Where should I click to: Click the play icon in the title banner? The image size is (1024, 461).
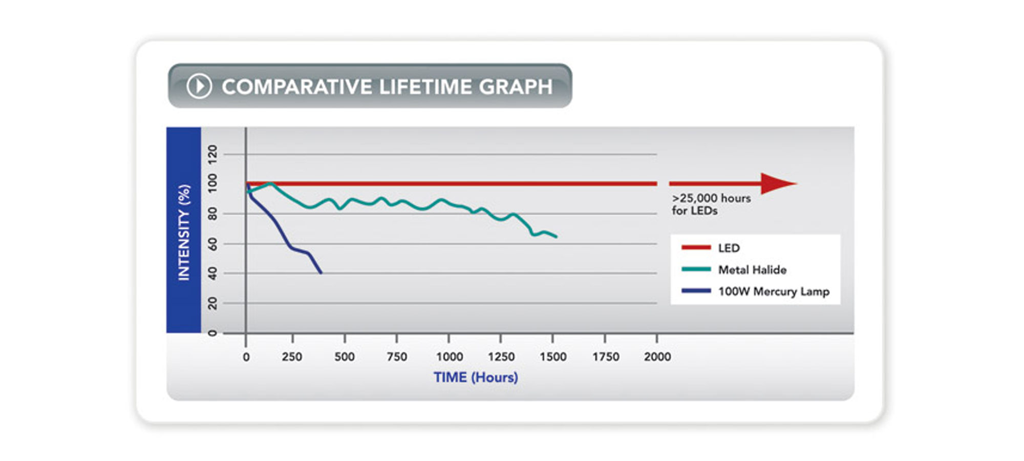click(x=199, y=86)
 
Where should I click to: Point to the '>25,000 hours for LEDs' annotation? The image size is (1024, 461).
click(x=711, y=204)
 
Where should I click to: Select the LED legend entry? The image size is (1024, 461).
click(x=729, y=248)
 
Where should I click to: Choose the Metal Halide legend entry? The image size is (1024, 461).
click(x=752, y=270)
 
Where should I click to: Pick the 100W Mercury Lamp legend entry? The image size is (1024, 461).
click(x=773, y=291)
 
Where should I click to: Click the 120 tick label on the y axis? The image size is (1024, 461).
click(x=212, y=154)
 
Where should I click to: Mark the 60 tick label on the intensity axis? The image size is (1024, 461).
click(x=212, y=244)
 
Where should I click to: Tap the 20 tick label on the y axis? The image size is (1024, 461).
click(x=212, y=303)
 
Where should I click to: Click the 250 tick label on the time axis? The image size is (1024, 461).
click(x=292, y=357)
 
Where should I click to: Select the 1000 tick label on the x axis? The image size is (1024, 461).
click(x=449, y=357)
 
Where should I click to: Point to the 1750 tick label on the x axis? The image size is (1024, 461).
click(x=606, y=357)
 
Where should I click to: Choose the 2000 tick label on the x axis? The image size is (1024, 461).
click(x=657, y=357)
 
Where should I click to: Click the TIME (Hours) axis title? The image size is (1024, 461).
click(x=476, y=378)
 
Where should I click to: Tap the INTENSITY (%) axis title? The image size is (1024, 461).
click(x=184, y=232)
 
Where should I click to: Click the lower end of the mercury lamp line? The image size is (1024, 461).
click(x=321, y=273)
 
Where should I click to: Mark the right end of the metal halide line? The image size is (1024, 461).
click(x=556, y=237)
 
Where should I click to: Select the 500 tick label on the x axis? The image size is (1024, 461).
click(x=345, y=357)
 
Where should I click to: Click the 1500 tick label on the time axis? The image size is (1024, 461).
click(x=553, y=357)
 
